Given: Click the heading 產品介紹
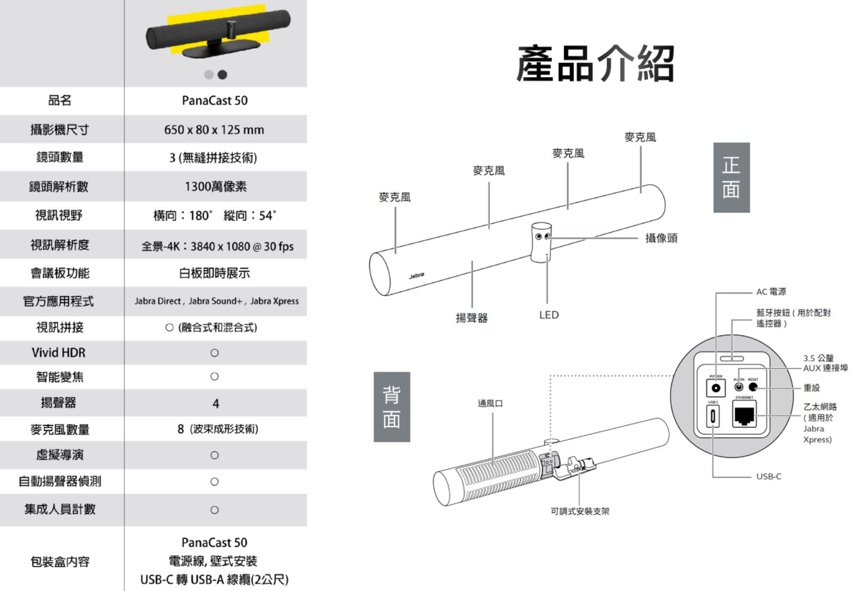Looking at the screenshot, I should (595, 64).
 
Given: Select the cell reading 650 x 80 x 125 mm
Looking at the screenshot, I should (214, 130).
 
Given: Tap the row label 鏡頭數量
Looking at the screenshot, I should (60, 157).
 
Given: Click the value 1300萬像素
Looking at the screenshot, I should (215, 186).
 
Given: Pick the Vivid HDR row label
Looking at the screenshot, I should (58, 353).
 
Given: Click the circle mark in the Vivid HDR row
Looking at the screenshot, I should (215, 353).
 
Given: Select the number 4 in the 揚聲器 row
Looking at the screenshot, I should (216, 404).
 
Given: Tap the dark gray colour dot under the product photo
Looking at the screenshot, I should (223, 75).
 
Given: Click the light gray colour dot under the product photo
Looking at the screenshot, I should (209, 75).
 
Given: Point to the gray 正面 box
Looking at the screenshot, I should (731, 178).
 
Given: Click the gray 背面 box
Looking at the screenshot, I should (391, 407).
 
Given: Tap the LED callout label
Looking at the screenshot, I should (549, 315).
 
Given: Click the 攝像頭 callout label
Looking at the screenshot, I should (661, 238).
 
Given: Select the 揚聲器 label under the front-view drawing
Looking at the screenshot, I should (472, 318).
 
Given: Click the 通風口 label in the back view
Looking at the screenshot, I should (490, 403).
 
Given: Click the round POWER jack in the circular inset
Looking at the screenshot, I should (716, 388).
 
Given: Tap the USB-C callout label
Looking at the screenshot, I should (768, 476).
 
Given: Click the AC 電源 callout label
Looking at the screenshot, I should (771, 292).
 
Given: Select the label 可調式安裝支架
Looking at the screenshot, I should (580, 511).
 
